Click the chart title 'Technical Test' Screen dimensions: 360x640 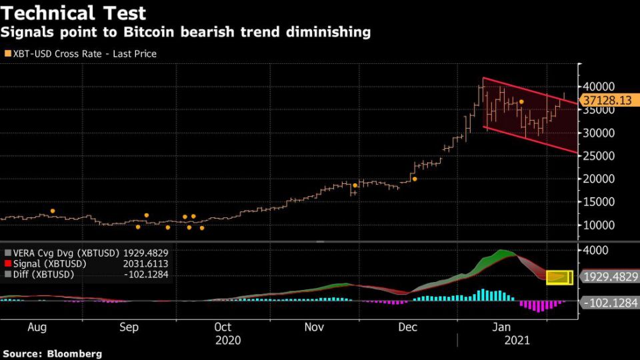click(74, 13)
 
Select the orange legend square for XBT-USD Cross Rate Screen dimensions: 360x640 click(7, 53)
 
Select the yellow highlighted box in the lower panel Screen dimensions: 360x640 click(559, 277)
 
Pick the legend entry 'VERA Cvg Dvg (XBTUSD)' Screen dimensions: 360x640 click(61, 253)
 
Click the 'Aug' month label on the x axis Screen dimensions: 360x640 click(37, 327)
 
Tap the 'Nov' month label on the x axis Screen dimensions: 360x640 click(314, 327)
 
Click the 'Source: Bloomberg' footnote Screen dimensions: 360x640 click(51, 353)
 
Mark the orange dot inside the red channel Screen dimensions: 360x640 click(521, 102)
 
